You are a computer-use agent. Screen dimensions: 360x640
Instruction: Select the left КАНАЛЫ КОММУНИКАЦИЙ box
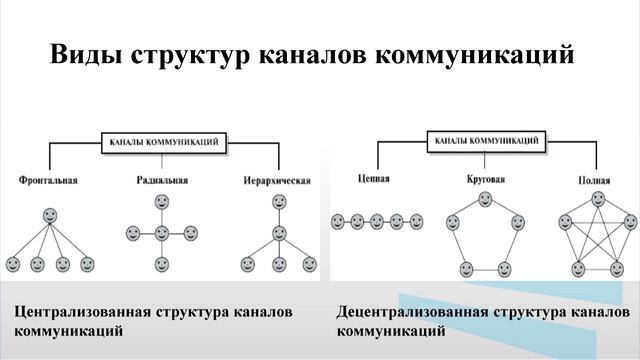tap(160, 142)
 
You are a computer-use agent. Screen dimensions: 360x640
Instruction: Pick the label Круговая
tap(485, 180)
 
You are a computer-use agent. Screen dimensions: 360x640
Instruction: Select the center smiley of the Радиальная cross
tap(162, 233)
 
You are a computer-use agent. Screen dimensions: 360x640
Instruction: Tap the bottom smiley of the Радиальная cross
tap(162, 265)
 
